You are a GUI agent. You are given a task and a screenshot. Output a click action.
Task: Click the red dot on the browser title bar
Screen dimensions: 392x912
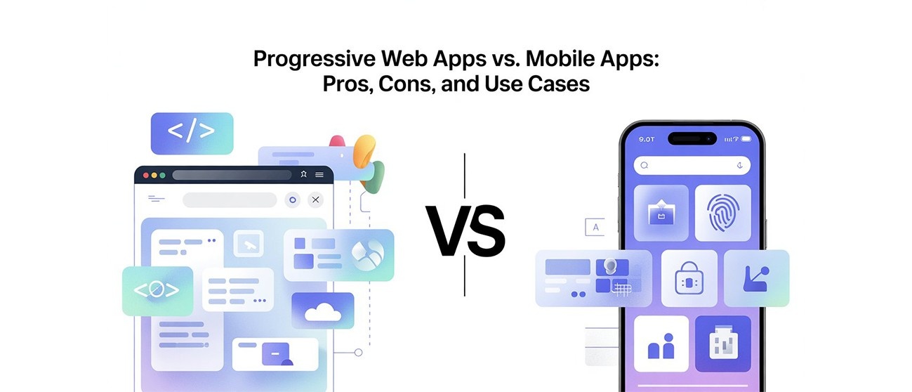pyautogui.click(x=146, y=175)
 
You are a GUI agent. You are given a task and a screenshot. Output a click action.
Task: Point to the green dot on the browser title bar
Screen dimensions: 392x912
pyautogui.click(x=163, y=175)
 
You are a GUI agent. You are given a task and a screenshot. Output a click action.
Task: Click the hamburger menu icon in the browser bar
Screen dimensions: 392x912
pyautogui.click(x=320, y=175)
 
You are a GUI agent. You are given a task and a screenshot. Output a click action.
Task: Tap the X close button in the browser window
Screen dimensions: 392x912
pyautogui.click(x=315, y=200)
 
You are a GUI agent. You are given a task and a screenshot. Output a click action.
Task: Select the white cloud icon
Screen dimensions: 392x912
pyautogui.click(x=323, y=311)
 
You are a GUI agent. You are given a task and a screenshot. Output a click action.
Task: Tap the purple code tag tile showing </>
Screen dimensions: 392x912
pyautogui.click(x=191, y=132)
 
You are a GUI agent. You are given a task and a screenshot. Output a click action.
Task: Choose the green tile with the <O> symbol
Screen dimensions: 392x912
pyautogui.click(x=157, y=290)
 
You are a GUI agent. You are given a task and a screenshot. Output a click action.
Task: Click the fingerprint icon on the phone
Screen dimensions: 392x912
pyautogui.click(x=722, y=213)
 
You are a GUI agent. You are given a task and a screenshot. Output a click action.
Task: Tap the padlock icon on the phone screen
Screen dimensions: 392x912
pyautogui.click(x=689, y=279)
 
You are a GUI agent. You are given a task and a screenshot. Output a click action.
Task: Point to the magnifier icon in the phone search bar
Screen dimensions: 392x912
pyautogui.click(x=645, y=166)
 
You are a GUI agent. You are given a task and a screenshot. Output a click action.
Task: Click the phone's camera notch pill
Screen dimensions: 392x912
pyautogui.click(x=692, y=138)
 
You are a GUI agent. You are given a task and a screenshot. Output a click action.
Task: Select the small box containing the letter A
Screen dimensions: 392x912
pyautogui.click(x=595, y=227)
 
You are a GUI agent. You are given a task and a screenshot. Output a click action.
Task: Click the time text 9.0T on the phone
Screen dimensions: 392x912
pyautogui.click(x=647, y=139)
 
